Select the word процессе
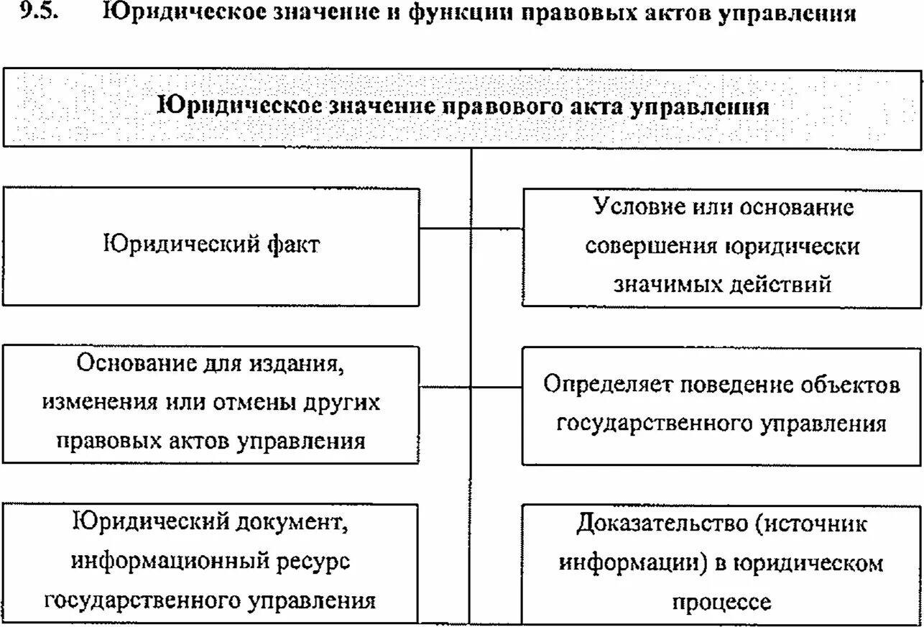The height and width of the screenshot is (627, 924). click(721, 601)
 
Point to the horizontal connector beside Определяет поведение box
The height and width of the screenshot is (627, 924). click(496, 387)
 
